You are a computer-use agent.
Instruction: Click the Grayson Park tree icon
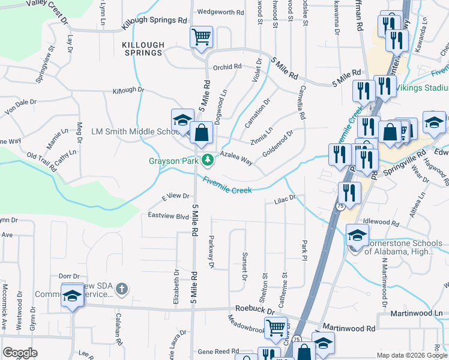point(208,160)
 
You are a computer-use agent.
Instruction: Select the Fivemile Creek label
point(227,185)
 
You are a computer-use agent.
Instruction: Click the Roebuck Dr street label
point(254,311)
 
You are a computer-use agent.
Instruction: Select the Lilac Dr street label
point(286,199)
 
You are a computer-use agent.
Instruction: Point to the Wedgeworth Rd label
point(221,12)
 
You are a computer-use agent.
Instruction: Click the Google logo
point(20,353)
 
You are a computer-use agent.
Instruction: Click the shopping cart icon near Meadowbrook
point(276,328)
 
